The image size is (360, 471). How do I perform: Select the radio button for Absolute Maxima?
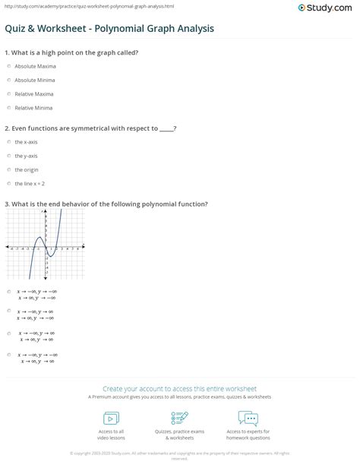click(8, 66)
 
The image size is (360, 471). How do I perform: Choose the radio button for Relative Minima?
click(8, 108)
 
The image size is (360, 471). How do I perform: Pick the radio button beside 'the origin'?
click(8, 169)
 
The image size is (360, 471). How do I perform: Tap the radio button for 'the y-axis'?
click(8, 156)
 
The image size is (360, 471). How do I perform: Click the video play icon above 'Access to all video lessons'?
click(111, 418)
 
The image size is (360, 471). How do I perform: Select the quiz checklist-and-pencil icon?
click(180, 418)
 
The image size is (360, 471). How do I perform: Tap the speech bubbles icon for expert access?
click(248, 418)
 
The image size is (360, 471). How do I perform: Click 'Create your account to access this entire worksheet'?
click(180, 387)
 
